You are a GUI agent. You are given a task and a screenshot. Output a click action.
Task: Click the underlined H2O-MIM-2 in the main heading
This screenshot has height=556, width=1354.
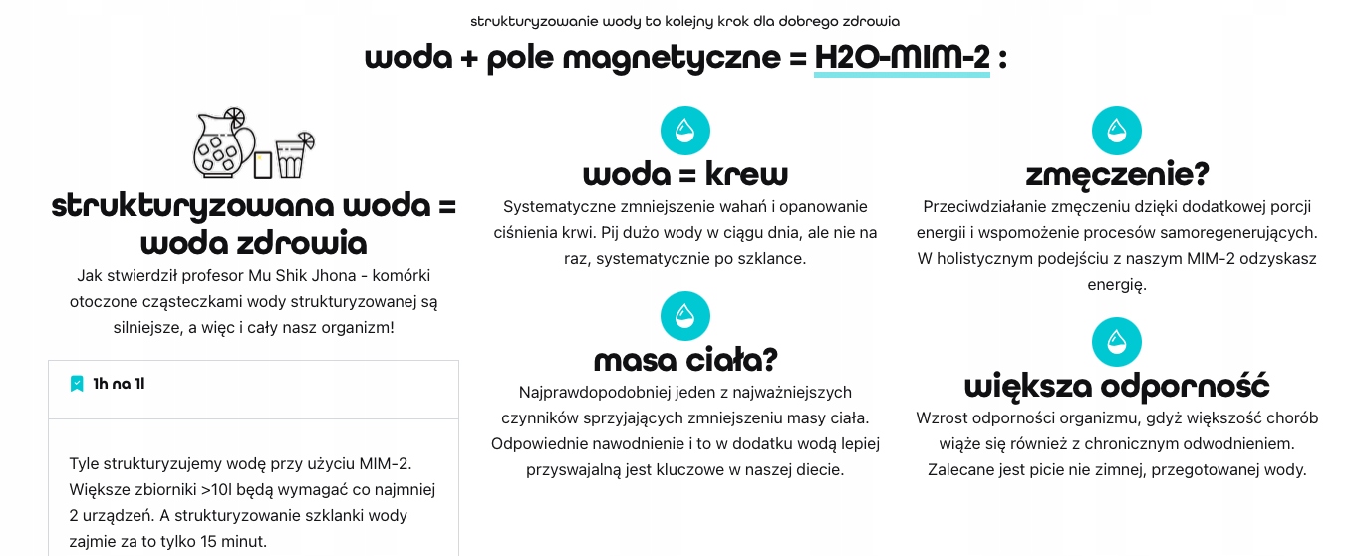(902, 58)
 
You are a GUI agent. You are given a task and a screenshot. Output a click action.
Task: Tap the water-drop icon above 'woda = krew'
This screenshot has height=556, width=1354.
(684, 130)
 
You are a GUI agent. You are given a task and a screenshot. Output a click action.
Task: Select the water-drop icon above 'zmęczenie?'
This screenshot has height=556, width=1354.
(1117, 130)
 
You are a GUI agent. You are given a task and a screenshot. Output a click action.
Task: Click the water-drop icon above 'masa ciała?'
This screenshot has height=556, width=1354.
(684, 315)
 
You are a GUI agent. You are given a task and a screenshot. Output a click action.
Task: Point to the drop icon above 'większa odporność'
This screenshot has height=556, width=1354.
(1117, 342)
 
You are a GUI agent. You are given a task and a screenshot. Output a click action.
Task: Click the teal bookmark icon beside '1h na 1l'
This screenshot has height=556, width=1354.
(77, 384)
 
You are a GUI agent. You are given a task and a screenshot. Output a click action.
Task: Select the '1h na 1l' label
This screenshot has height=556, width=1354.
(119, 384)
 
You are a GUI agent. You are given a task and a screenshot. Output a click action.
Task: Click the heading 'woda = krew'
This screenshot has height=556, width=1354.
(684, 175)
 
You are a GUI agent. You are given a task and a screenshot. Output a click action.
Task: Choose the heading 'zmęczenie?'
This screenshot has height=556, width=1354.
(1117, 175)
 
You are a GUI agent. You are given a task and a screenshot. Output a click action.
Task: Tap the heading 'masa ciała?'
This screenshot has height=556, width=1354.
(684, 359)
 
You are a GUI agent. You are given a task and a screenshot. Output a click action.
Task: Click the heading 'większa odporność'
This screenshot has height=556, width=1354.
(1117, 386)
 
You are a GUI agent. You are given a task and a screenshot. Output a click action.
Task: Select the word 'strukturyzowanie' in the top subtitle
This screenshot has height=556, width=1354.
(518, 20)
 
